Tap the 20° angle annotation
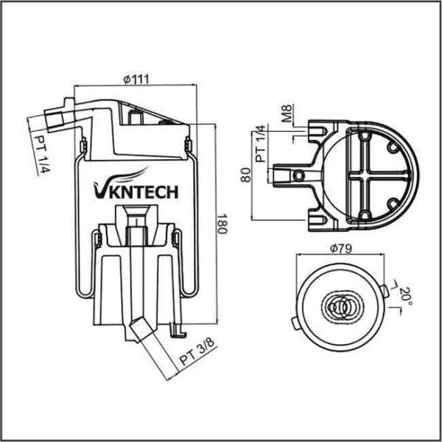[x=404, y=296]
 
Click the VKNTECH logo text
[x=136, y=192]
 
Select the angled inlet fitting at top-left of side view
[x=55, y=116]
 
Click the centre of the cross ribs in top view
[x=366, y=175]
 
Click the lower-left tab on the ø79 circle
[x=296, y=323]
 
